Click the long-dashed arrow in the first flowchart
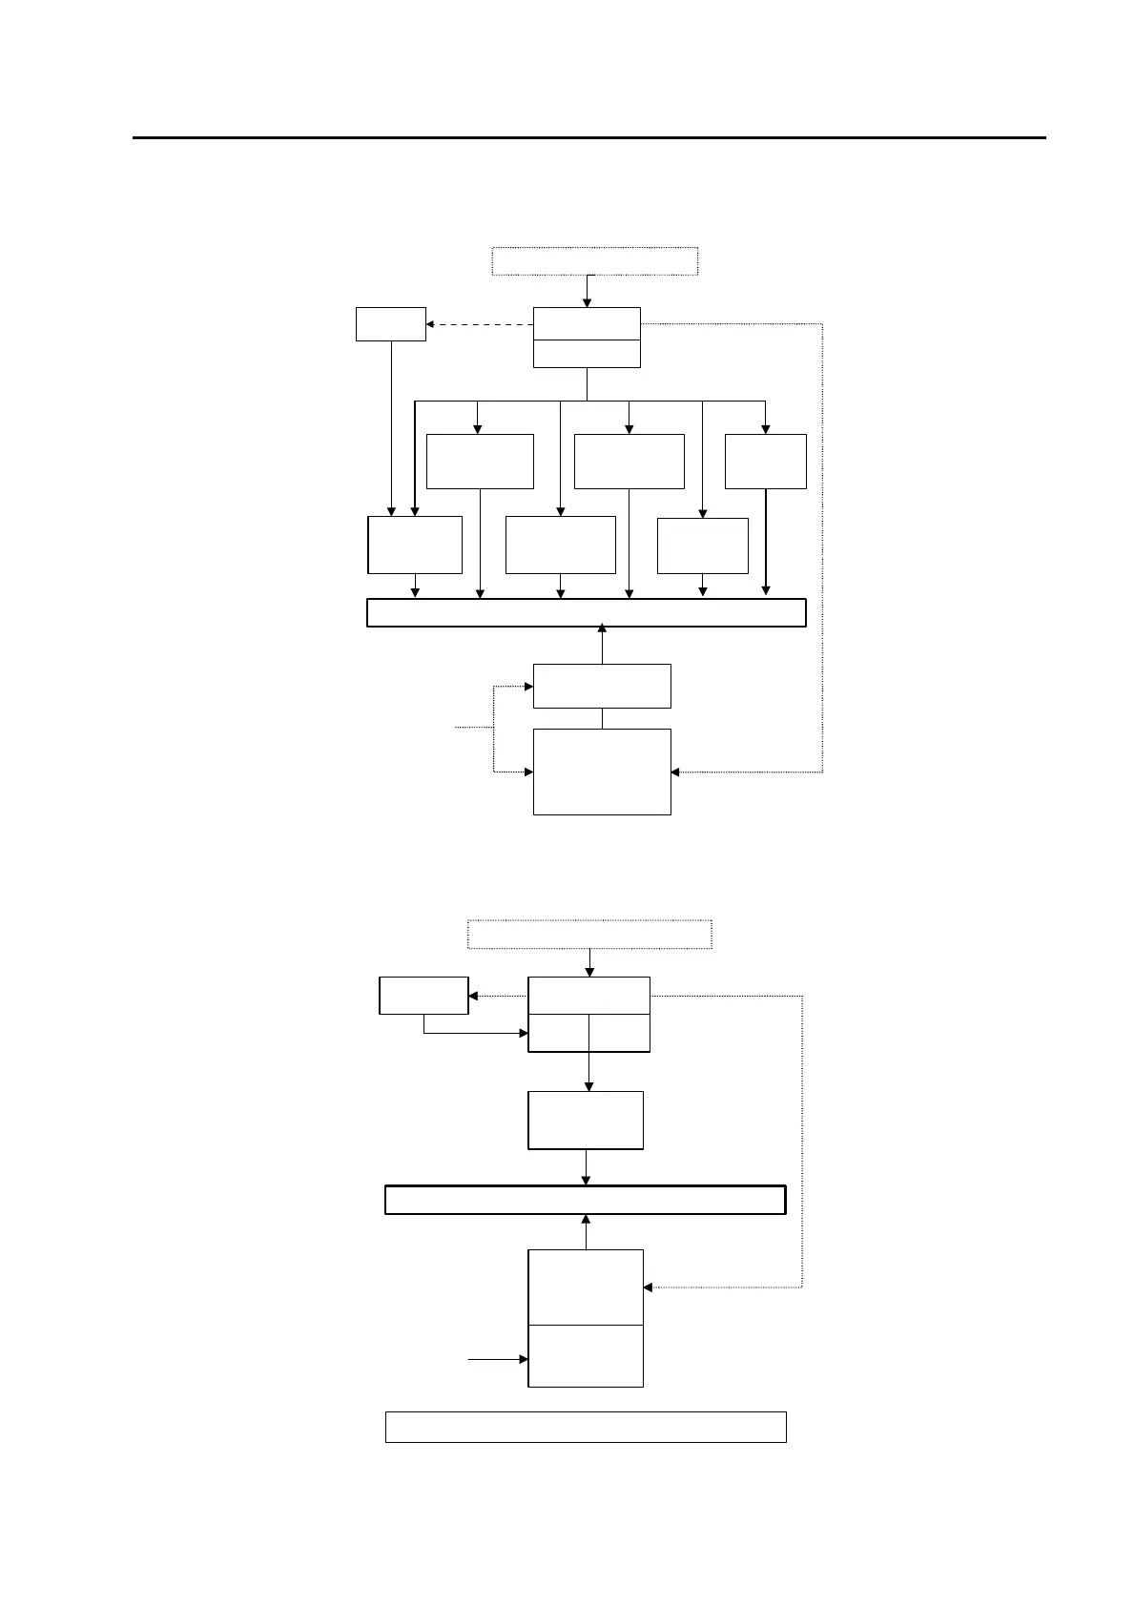(x=479, y=324)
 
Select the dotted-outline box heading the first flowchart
(x=594, y=260)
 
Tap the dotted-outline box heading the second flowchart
(x=589, y=935)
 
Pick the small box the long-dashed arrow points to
(x=390, y=324)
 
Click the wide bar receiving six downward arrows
(x=586, y=613)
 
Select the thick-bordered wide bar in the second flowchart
(x=585, y=1200)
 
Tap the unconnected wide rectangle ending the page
(x=585, y=1427)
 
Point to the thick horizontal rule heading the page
(x=588, y=138)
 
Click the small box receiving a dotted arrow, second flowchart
(x=423, y=996)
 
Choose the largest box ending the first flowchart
(x=602, y=772)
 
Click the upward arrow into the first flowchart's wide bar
(x=602, y=644)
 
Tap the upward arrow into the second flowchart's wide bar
(x=586, y=1231)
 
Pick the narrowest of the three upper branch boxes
(x=765, y=462)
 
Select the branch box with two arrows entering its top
(x=415, y=546)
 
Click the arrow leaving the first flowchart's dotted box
(x=588, y=291)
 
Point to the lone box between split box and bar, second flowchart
(x=586, y=1121)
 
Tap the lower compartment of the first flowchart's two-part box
(x=587, y=354)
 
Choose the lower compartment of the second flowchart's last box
(x=586, y=1355)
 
